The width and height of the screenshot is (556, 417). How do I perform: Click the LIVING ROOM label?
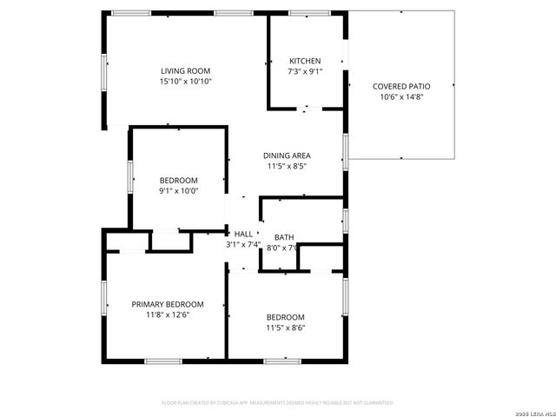[185, 71]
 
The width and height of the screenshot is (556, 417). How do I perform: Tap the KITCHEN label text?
[305, 61]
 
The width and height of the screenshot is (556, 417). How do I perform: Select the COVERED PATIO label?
[400, 86]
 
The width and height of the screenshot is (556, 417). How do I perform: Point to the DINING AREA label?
[287, 156]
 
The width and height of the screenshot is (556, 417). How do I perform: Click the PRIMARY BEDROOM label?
[167, 304]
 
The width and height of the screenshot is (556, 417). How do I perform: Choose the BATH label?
[284, 237]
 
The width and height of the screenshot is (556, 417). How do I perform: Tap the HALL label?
[243, 234]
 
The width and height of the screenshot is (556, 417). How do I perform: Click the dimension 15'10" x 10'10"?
[185, 81]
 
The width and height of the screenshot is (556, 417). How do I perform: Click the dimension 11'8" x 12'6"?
[167, 314]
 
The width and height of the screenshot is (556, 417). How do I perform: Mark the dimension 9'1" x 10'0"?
[178, 190]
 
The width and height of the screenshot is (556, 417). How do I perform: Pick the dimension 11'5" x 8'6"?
[285, 328]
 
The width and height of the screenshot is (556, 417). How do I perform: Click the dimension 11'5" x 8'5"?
[287, 166]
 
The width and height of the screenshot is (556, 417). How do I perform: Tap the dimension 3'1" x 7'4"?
[243, 244]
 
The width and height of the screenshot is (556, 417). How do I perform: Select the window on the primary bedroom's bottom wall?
[162, 361]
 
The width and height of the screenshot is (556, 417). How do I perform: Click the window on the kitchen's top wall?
[304, 13]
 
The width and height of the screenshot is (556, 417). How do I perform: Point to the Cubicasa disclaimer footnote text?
[278, 402]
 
